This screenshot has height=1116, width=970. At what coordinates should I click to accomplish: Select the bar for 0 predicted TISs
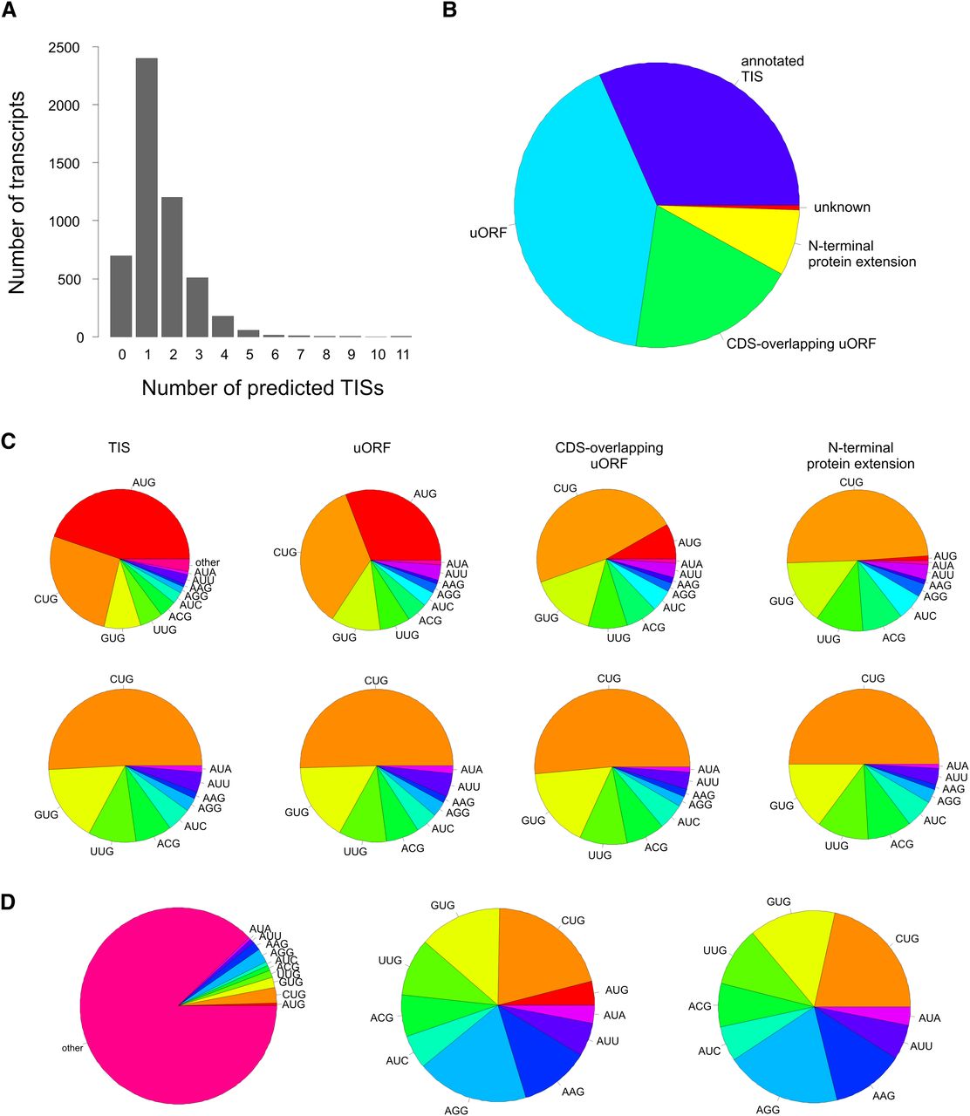(121, 296)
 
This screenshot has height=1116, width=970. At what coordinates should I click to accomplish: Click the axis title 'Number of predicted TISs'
(262, 387)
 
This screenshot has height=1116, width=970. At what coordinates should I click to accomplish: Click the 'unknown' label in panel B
(842, 208)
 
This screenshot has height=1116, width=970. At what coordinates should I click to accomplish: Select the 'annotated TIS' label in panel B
(771, 69)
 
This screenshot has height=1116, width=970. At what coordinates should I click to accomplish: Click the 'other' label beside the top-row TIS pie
(208, 562)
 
